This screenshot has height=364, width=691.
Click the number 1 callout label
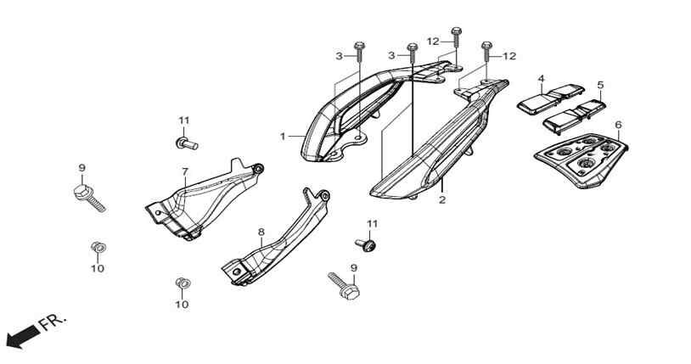click(x=283, y=137)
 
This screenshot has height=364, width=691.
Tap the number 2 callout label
click(x=442, y=199)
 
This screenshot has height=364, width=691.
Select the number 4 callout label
click(x=541, y=78)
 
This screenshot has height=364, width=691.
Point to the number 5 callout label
click(x=600, y=85)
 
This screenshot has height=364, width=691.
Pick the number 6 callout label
click(x=618, y=125)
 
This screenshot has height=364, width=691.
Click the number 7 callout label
click(x=185, y=171)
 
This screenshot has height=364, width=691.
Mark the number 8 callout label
click(x=261, y=232)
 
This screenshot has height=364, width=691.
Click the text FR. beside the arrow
click(x=53, y=322)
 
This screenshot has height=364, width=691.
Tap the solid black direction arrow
click(x=21, y=337)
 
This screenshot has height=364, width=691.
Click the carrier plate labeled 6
click(x=581, y=160)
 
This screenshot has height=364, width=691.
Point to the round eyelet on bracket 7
click(x=258, y=168)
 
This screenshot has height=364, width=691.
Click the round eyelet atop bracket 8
click(x=324, y=195)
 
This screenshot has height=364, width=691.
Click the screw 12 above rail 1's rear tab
click(x=456, y=37)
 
